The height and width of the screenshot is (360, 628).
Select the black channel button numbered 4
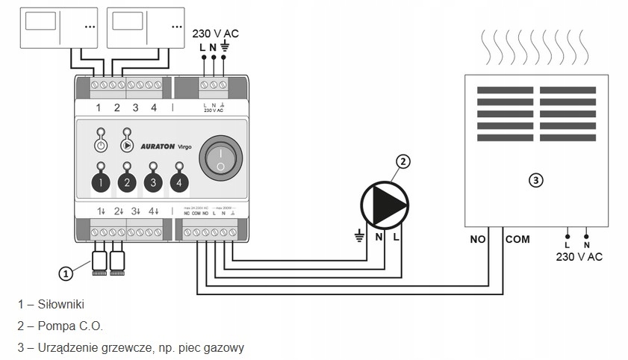(x=179, y=181)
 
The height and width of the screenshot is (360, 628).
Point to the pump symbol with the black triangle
(x=384, y=202)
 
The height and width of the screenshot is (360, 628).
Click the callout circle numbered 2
(x=403, y=162)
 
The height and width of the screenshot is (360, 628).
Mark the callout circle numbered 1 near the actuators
(x=66, y=273)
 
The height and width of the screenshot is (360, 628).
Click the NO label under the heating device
(x=479, y=240)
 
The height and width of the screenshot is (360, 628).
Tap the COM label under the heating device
(x=517, y=240)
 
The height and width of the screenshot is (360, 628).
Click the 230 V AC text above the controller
(x=216, y=34)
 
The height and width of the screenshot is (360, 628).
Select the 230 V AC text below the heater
(x=579, y=257)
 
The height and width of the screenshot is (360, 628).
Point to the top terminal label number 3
(x=135, y=108)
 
